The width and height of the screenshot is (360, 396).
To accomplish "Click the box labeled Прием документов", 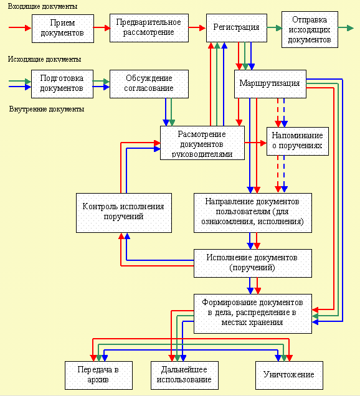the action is point(63,29).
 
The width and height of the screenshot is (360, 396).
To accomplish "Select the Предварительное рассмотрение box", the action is point(149,28).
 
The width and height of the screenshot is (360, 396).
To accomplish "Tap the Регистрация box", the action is point(237,28).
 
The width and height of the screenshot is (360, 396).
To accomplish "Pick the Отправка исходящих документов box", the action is point(310,29).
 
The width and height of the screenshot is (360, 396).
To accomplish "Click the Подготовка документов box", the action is point(62,84).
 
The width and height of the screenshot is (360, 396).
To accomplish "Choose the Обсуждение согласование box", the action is point(149,84).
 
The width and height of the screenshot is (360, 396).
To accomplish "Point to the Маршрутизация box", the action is point(270,84).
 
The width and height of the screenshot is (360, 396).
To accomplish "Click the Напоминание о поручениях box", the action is point(298,141).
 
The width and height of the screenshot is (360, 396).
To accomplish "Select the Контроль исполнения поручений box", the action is point(124,213).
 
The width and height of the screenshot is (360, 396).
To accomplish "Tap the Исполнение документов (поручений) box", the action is point(253,263).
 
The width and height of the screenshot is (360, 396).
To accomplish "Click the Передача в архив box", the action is point(98,375).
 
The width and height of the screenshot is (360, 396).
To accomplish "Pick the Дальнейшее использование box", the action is point(184,375).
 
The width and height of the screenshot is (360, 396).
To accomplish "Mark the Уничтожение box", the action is point(289,375).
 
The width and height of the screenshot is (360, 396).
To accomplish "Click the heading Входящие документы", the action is point(42,6).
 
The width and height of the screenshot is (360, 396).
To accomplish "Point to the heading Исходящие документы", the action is point(44,59).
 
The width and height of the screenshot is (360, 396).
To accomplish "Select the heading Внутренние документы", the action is point(47,109).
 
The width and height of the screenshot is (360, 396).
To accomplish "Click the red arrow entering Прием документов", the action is point(20,27).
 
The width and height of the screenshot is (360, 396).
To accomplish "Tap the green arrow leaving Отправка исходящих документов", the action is point(346,28).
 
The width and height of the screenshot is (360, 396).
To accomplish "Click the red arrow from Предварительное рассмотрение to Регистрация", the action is point(197,27).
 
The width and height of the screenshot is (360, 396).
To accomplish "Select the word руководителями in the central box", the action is point(202,154).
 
